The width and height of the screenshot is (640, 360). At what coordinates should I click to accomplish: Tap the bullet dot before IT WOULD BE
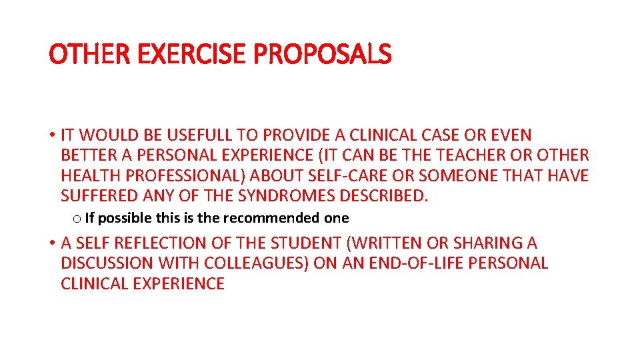[x=52, y=136]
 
